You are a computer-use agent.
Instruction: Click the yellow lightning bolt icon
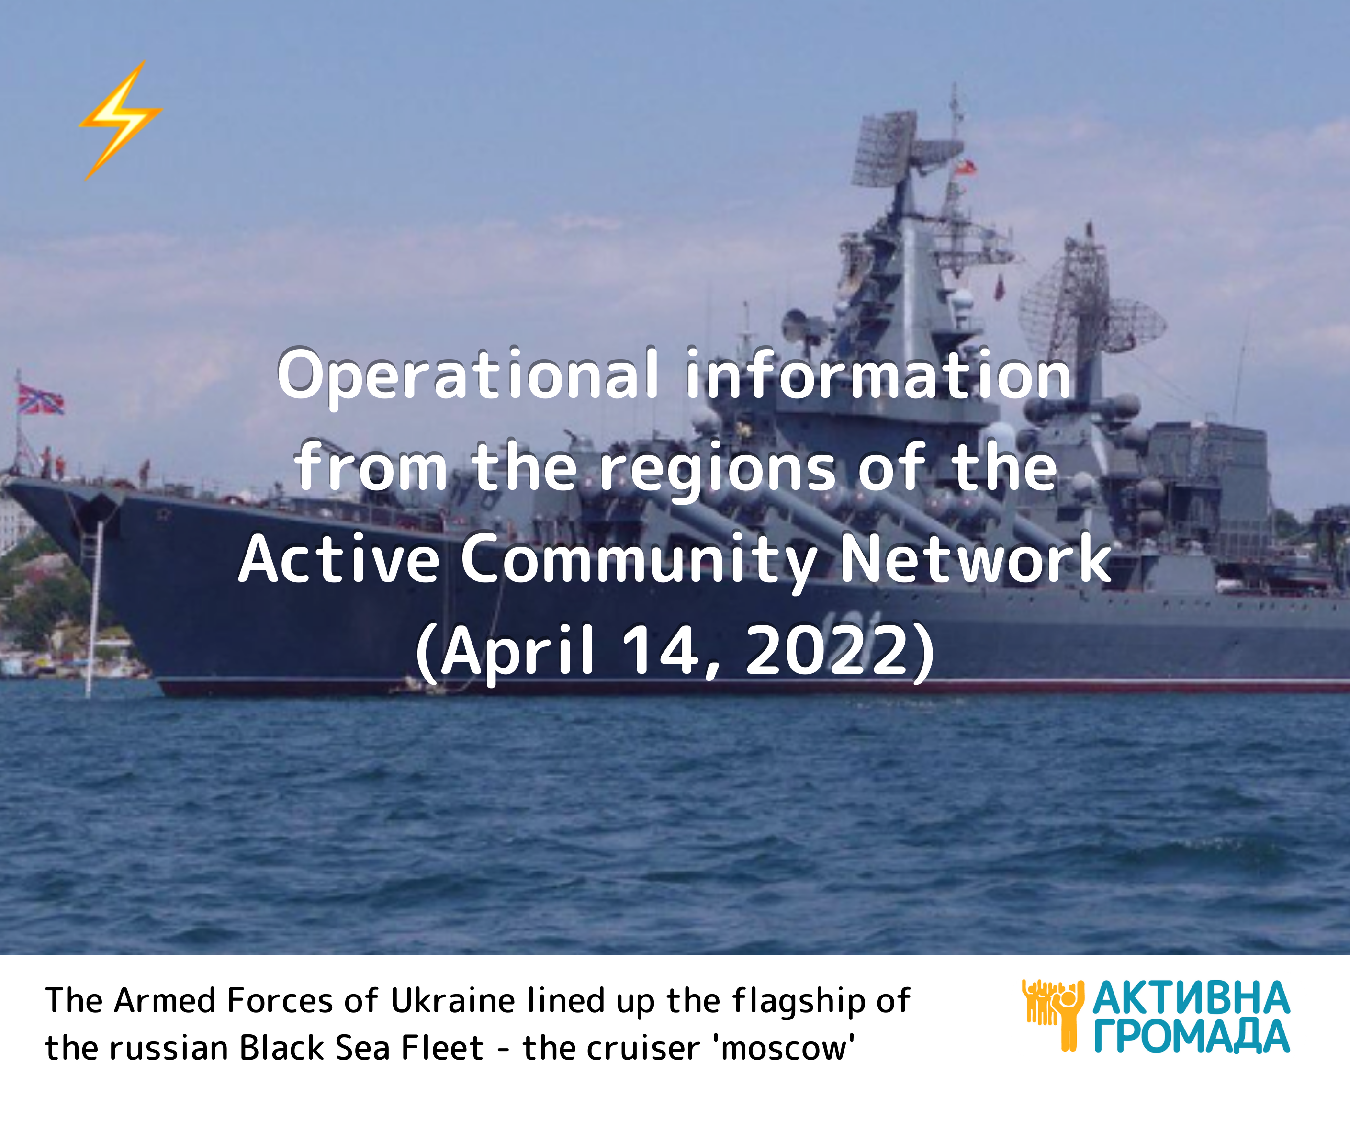tap(120, 120)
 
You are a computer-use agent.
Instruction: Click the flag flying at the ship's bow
tap(40, 399)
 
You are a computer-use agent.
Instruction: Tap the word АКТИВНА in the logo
tap(1191, 998)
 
